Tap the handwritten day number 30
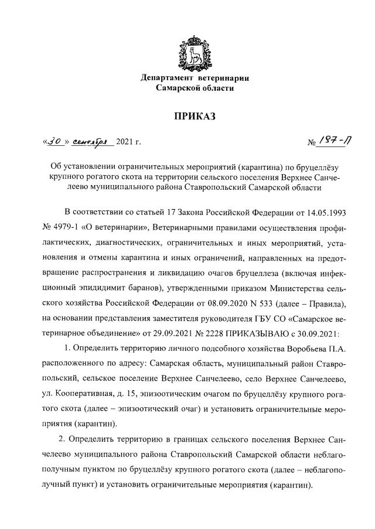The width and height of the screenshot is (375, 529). point(57,141)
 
